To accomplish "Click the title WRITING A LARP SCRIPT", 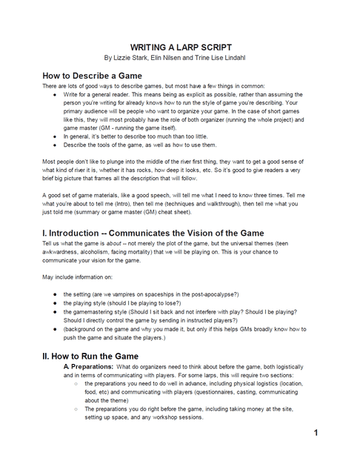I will [181, 45].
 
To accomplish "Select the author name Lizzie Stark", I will [130, 56].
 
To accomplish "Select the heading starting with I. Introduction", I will [154, 233].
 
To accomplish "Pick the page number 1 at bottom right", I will [316, 432].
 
